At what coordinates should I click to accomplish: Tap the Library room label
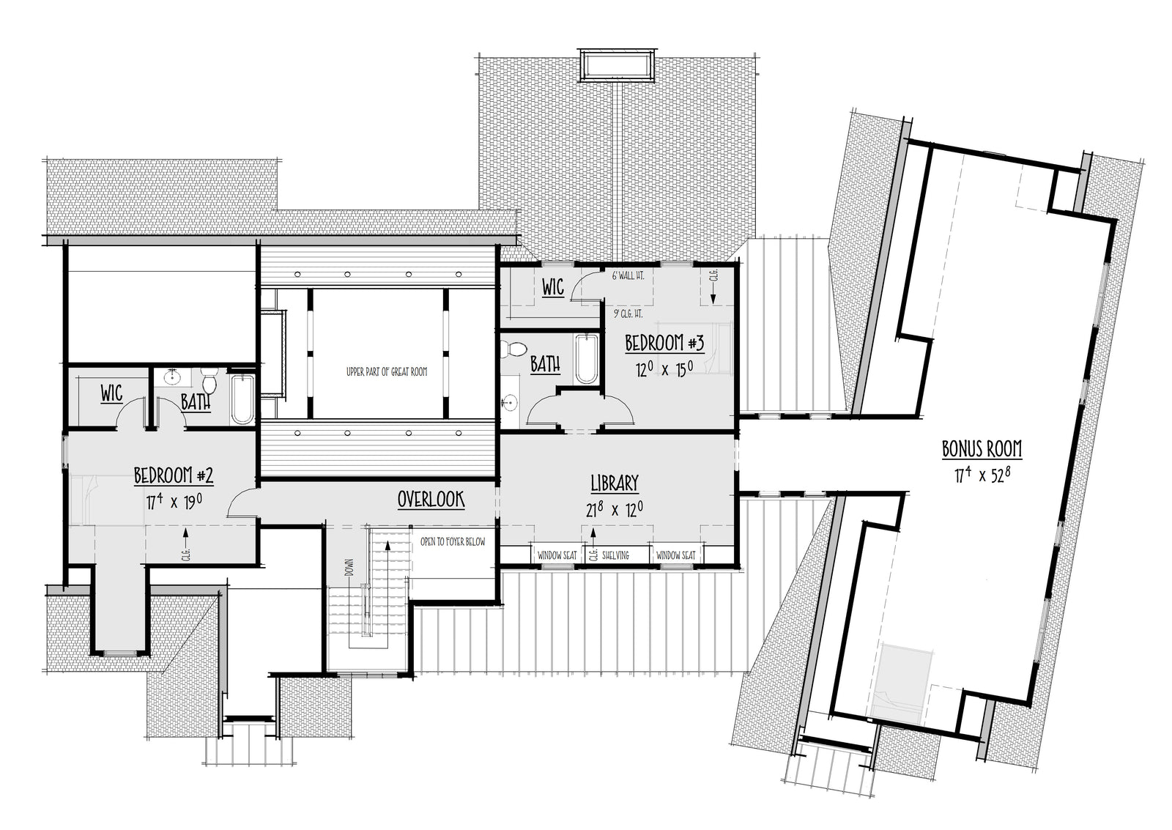[614, 483]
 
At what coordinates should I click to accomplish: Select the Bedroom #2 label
[174, 475]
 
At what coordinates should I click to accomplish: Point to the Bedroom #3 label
[664, 343]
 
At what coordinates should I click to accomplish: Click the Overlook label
[431, 500]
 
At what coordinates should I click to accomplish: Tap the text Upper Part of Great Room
[386, 372]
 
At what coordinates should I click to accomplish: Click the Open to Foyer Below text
[453, 542]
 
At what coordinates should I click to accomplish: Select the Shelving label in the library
[615, 555]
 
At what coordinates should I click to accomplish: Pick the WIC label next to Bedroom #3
[552, 287]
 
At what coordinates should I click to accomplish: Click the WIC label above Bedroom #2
[111, 393]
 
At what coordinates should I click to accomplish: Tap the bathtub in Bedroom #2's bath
[242, 399]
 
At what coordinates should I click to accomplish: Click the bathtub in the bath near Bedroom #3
[586, 359]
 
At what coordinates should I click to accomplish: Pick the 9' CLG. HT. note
[628, 313]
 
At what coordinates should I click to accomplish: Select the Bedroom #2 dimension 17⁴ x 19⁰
[174, 503]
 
